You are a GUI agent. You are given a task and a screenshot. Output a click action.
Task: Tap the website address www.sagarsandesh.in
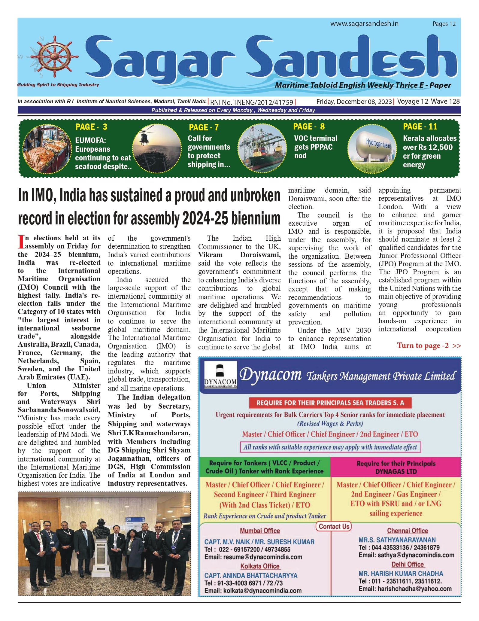pyautogui.click(x=364, y=24)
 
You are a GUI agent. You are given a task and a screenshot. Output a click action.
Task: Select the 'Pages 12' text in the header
pyautogui.click(x=444, y=24)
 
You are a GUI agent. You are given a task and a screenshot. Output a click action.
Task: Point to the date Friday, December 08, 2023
pyautogui.click(x=354, y=102)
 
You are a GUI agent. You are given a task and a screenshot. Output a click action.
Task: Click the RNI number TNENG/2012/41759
pyautogui.click(x=252, y=102)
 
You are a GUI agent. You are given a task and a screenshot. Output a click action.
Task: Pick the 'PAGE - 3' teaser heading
pyautogui.click(x=91, y=127)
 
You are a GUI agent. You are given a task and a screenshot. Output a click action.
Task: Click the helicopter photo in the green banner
pyautogui.click(x=157, y=148)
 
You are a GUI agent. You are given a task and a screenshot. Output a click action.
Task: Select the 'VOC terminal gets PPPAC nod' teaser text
pyautogui.click(x=315, y=147)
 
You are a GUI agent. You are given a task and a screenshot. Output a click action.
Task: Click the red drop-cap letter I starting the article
pyautogui.click(x=21, y=242)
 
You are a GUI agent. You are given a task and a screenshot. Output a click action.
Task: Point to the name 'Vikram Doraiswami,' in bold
pyautogui.click(x=239, y=255)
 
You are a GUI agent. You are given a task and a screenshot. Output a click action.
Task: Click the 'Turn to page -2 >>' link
pyautogui.click(x=429, y=346)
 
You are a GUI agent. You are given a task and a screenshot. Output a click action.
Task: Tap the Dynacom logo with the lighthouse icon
pyautogui.click(x=220, y=375)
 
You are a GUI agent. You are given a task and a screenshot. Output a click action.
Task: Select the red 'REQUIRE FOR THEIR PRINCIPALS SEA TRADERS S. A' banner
pyautogui.click(x=330, y=403)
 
